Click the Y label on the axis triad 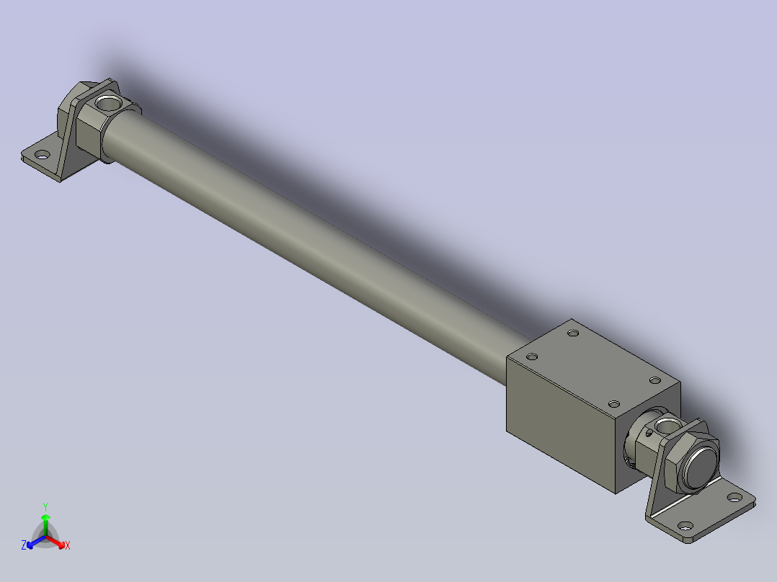tap(45, 506)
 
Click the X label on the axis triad tap(67, 546)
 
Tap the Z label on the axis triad tap(24, 545)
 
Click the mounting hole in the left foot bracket tap(42, 154)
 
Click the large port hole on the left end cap tap(110, 103)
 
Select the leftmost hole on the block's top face tap(533, 357)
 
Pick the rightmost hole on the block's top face tap(654, 380)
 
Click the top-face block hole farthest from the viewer tap(573, 333)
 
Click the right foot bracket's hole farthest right tap(734, 497)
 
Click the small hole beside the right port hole tap(649, 433)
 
